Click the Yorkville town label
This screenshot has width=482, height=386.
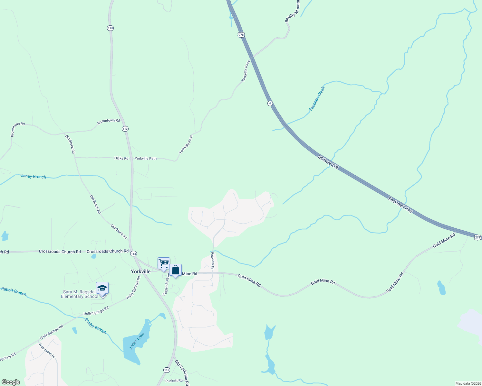pos(140,271)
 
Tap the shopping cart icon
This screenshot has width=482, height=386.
pos(164,263)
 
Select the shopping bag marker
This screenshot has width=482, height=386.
pos(175,270)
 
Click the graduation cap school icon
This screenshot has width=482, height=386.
pos(102,288)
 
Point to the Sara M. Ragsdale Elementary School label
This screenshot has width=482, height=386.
pos(80,294)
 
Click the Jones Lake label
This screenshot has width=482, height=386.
pos(137,341)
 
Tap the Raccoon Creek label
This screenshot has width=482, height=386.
pos(317,98)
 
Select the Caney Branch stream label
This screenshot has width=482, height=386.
pos(33,176)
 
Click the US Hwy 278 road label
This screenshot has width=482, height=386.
pos(328,162)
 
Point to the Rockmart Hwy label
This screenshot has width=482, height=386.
pos(400,205)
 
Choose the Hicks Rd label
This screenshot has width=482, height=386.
pos(121,158)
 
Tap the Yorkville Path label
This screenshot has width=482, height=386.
pos(146,158)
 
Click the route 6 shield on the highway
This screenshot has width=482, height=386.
pos(270,103)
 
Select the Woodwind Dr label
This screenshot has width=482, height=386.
pos(47,351)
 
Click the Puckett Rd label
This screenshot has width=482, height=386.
pos(174,381)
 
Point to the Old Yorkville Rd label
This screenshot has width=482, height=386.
pos(182,372)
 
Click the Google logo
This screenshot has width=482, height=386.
pos(11,382)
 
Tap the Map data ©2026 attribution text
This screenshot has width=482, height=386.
pos(468,383)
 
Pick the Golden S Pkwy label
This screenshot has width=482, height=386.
pos(166,285)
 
